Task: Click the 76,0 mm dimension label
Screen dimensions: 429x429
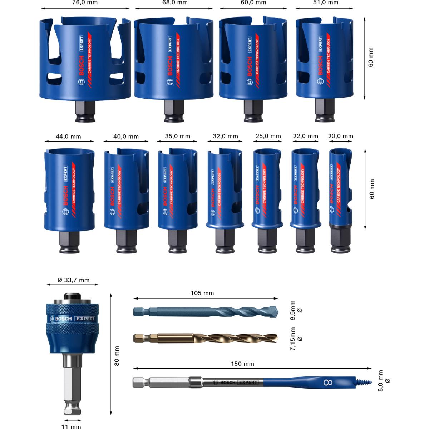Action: point(84,3)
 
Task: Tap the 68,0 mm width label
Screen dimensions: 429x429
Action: point(174,3)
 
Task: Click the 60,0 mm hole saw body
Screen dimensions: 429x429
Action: point(253,59)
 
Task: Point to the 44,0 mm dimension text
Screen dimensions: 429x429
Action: point(69,137)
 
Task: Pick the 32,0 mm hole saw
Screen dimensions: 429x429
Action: point(225,189)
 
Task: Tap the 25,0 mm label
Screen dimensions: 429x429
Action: point(268,136)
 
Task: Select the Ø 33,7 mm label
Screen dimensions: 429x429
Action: point(73,280)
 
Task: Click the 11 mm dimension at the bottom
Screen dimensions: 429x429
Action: point(72,426)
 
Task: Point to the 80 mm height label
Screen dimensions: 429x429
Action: point(117,356)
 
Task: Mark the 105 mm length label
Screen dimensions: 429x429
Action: point(202,293)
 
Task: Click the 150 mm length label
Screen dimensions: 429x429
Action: point(242,364)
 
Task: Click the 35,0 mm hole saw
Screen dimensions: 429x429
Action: point(178,189)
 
